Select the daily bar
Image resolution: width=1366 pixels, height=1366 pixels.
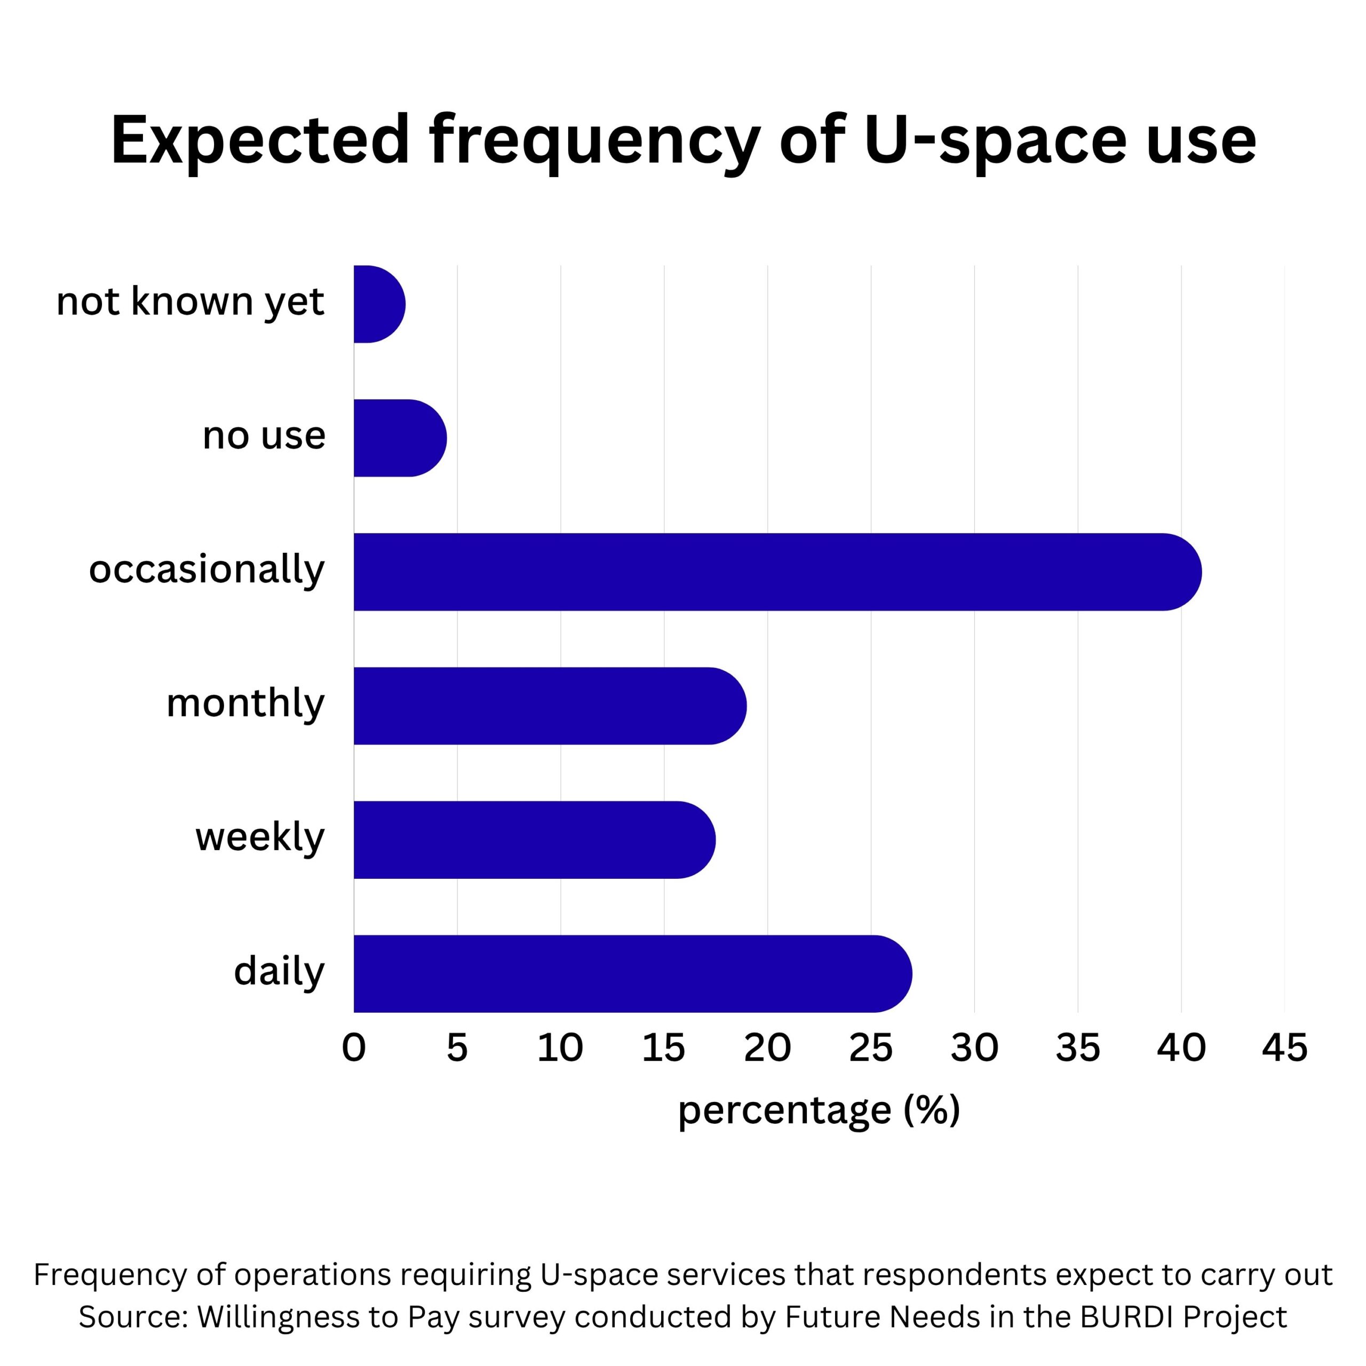(x=632, y=974)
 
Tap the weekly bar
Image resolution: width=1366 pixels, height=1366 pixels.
(x=534, y=840)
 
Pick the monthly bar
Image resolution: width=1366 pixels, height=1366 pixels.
(x=550, y=705)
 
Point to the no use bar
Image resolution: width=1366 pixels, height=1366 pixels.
(x=400, y=439)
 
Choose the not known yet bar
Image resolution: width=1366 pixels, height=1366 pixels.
(x=379, y=304)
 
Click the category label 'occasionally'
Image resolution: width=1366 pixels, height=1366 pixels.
(x=207, y=570)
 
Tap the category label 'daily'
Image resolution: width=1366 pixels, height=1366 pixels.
(x=279, y=972)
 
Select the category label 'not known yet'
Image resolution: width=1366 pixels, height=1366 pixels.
(x=190, y=302)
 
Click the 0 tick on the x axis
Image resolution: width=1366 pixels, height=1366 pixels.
(x=354, y=1048)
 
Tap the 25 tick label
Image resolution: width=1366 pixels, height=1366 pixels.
(x=871, y=1048)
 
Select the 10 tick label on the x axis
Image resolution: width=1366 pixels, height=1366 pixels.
(x=560, y=1048)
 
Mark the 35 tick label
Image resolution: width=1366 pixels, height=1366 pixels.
(x=1077, y=1048)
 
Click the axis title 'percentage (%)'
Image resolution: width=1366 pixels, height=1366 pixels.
(x=819, y=1109)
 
